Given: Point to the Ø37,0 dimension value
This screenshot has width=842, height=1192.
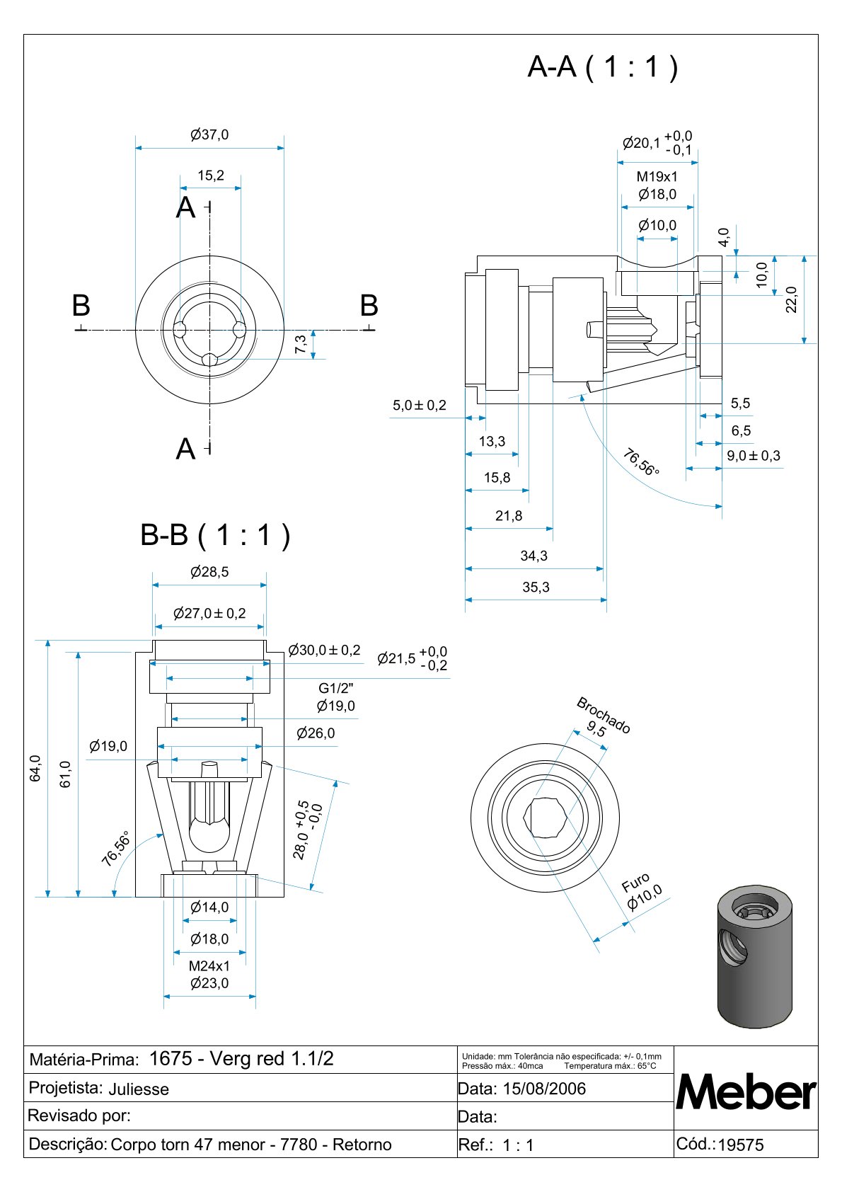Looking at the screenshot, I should tap(209, 134).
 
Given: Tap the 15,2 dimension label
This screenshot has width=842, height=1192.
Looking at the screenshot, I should tap(211, 176).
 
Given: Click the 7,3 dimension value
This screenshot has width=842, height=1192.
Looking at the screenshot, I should tap(301, 345).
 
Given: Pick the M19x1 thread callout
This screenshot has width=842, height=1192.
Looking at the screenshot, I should tap(657, 177).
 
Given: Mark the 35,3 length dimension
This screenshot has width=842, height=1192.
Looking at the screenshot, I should tap(536, 588).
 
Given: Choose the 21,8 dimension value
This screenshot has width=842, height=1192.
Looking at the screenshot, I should tap(509, 516).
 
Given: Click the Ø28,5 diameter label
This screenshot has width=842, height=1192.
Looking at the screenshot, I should tap(209, 572).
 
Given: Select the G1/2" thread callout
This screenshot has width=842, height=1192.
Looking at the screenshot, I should tap(335, 688).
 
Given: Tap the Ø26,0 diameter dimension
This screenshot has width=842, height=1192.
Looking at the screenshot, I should tap(316, 733).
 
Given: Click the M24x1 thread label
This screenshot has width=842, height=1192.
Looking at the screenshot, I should tap(209, 965).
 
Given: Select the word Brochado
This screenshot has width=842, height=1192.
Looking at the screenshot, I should tap(604, 715).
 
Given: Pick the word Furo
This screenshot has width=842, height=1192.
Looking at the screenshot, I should tap(635, 883).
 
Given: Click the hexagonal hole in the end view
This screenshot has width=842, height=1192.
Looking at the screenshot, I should tap(545, 818).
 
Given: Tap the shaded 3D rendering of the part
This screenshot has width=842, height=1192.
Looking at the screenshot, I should tap(754, 955).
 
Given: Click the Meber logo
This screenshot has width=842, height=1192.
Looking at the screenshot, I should tap(746, 1092).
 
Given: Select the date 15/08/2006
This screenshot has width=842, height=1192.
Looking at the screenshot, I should tap(544, 1089).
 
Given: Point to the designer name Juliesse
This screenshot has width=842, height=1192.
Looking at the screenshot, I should tap(139, 1089).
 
